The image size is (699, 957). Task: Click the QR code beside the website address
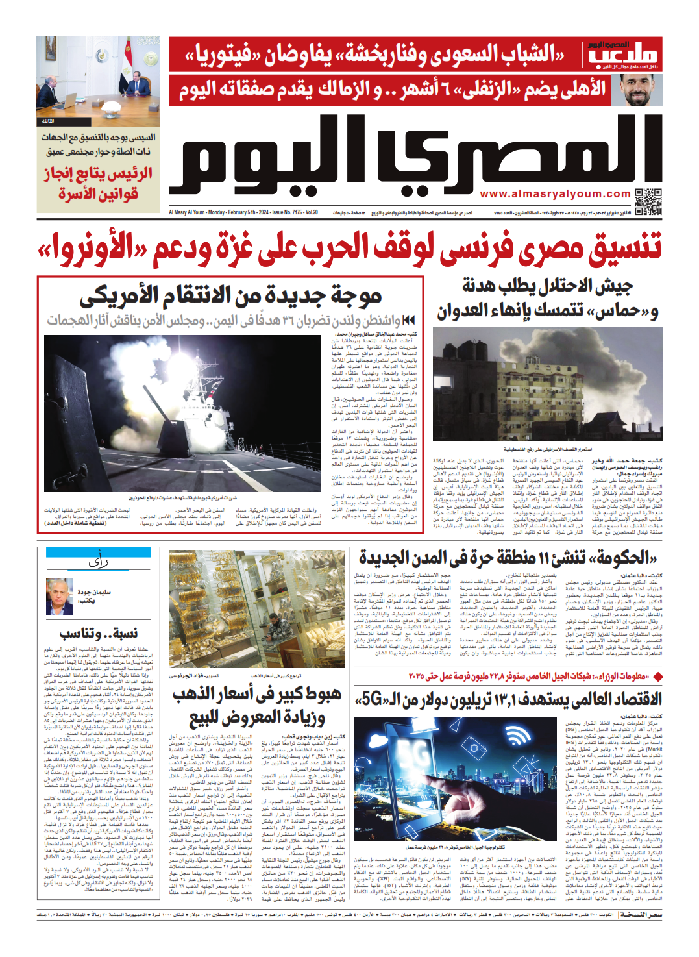[647, 201]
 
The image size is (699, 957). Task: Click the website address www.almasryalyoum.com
[555, 194]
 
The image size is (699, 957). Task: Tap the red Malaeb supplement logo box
[623, 55]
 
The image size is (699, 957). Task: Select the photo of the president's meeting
[98, 81]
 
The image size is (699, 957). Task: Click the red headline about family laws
[99, 184]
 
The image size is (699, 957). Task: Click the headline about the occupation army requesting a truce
[547, 298]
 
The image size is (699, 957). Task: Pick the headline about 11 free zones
[508, 558]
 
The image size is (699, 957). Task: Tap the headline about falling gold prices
[257, 706]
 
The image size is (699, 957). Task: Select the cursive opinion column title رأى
[98, 562]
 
